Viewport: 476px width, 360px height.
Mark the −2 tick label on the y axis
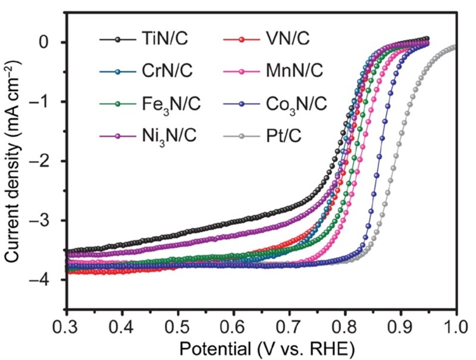click(47, 161)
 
